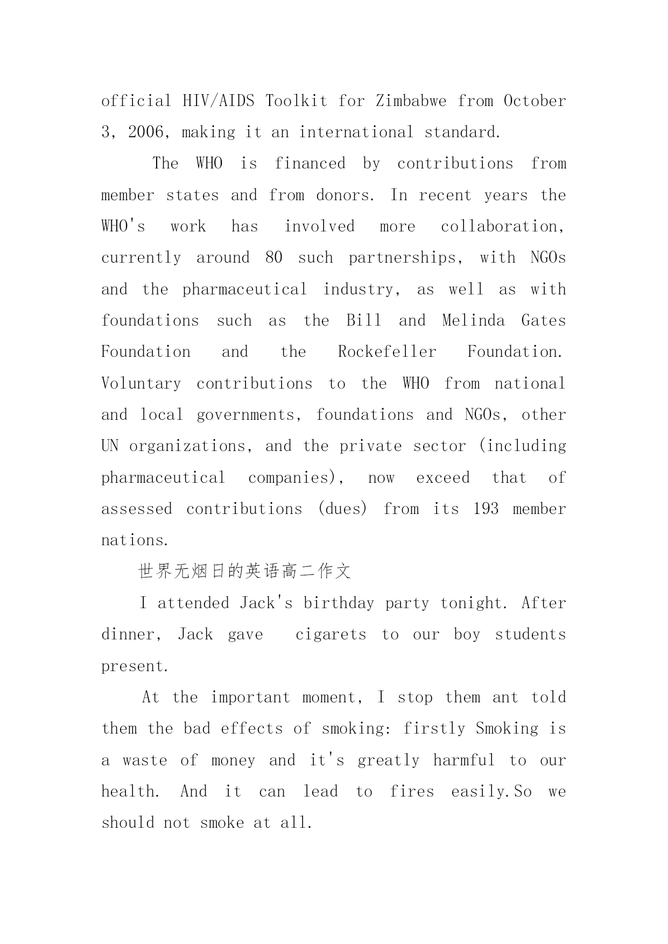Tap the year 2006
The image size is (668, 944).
[x=147, y=132]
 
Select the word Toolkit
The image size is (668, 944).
[x=296, y=101]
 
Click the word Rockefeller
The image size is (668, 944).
[x=387, y=352]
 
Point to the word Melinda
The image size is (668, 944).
[x=473, y=321]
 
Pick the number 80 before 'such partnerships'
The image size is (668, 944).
[x=273, y=258]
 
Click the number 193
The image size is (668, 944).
[x=486, y=509]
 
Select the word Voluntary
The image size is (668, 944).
[x=141, y=384]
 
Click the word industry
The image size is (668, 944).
[x=358, y=290]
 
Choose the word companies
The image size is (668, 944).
[x=288, y=478]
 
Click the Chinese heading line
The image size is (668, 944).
[x=244, y=572]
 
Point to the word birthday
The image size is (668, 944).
[x=339, y=603]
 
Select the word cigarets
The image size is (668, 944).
[x=331, y=635]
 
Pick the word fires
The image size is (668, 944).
[x=412, y=792]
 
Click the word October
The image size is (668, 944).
[x=535, y=101]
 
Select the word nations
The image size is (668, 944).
[x=132, y=540]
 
